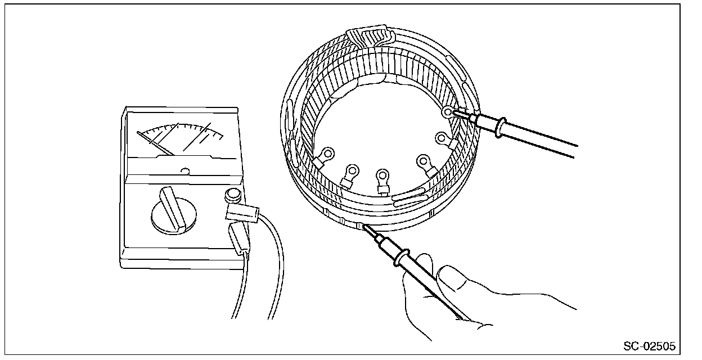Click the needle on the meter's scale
156,144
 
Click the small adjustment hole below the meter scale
186,169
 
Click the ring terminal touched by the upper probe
448,112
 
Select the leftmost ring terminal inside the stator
326,153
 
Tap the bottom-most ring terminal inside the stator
384,177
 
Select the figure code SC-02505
649,344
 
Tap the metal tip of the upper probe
458,114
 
